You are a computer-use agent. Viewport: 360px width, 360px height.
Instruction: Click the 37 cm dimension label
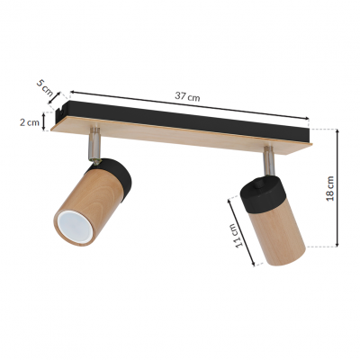tap(187, 96)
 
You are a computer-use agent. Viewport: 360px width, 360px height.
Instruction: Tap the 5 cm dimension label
tap(44, 86)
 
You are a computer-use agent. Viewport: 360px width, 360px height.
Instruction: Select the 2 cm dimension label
tap(30, 122)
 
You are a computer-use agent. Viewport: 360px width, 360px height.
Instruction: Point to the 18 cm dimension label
tap(330, 188)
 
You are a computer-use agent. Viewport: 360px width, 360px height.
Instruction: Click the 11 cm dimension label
tap(238, 236)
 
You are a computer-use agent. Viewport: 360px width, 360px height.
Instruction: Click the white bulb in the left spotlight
tap(74, 226)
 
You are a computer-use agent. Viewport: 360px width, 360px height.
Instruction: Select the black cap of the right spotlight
tap(262, 192)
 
